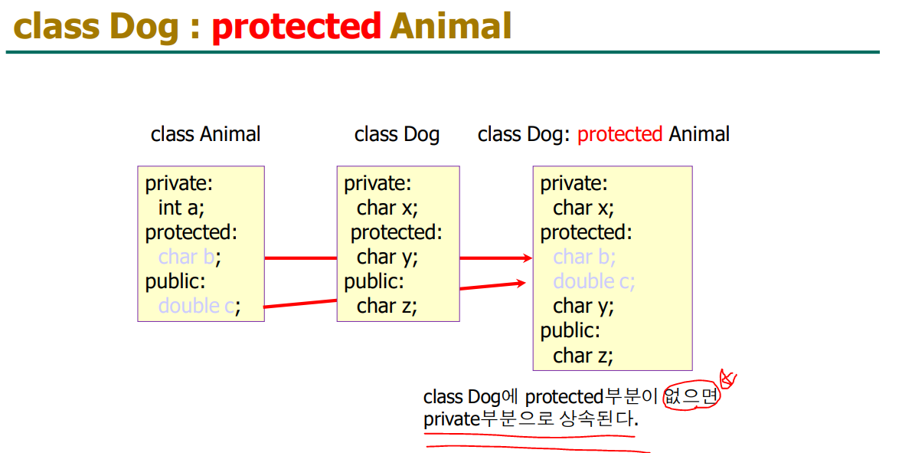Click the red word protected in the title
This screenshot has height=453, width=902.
pyautogui.click(x=296, y=27)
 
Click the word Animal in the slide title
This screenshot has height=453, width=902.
pyautogui.click(x=451, y=27)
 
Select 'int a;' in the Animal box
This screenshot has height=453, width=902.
pyautogui.click(x=181, y=208)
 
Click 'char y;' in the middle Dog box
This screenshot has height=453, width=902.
pyautogui.click(x=387, y=257)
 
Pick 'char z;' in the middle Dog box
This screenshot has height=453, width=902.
pyautogui.click(x=387, y=306)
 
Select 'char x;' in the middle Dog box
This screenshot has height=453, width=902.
pyautogui.click(x=387, y=208)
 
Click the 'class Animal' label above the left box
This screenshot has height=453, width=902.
pyautogui.click(x=205, y=135)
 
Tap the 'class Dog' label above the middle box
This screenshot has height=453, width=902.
pyautogui.click(x=397, y=135)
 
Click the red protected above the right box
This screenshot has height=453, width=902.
pyautogui.click(x=620, y=135)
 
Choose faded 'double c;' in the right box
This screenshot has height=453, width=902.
pyautogui.click(x=593, y=281)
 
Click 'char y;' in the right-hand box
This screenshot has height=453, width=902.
pyautogui.click(x=583, y=307)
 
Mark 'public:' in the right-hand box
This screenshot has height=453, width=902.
pyautogui.click(x=570, y=330)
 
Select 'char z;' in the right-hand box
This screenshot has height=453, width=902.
pyautogui.click(x=583, y=355)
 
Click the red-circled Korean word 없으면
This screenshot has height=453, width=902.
pyautogui.click(x=691, y=396)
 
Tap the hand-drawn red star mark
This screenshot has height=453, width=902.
pyautogui.click(x=727, y=379)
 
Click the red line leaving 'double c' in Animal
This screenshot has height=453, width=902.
pyautogui.click(x=300, y=304)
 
